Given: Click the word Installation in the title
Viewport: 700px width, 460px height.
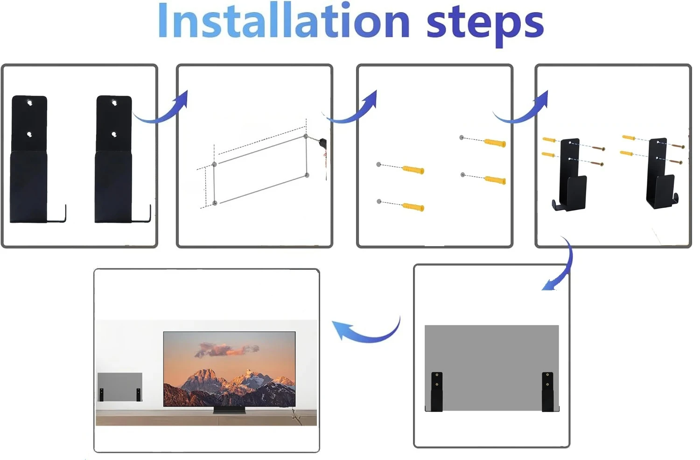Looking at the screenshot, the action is coord(283,21).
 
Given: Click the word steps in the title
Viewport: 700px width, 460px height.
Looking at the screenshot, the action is coord(485,26).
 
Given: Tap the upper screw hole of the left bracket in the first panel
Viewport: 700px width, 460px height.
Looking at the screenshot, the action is coord(29,103).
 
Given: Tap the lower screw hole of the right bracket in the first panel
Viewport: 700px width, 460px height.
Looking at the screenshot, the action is coord(114,135).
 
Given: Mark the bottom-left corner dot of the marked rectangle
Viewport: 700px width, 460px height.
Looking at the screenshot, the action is coord(215,203).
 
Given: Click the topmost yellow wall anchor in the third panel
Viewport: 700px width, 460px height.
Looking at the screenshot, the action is coord(495,143).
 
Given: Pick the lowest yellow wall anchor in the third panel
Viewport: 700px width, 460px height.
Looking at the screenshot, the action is coord(413,207).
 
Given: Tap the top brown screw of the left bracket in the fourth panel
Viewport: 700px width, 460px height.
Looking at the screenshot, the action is coord(598,148).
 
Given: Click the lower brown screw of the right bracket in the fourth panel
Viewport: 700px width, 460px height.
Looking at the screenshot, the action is coord(676,162).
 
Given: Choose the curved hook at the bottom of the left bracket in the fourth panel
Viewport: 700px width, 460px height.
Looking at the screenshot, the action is coord(557,206).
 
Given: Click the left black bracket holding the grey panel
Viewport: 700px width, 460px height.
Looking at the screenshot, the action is coord(436,391).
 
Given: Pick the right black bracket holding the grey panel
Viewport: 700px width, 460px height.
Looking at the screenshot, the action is coord(547,391).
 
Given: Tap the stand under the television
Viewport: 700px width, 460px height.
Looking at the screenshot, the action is coord(230,411).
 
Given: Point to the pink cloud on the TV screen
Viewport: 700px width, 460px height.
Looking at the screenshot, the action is coord(227,350).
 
